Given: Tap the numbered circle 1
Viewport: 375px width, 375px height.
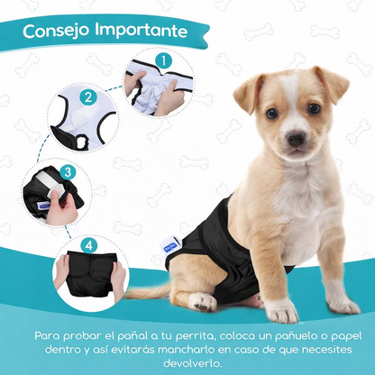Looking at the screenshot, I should (162, 61).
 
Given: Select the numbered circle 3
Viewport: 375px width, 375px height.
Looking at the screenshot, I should (68, 170).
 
